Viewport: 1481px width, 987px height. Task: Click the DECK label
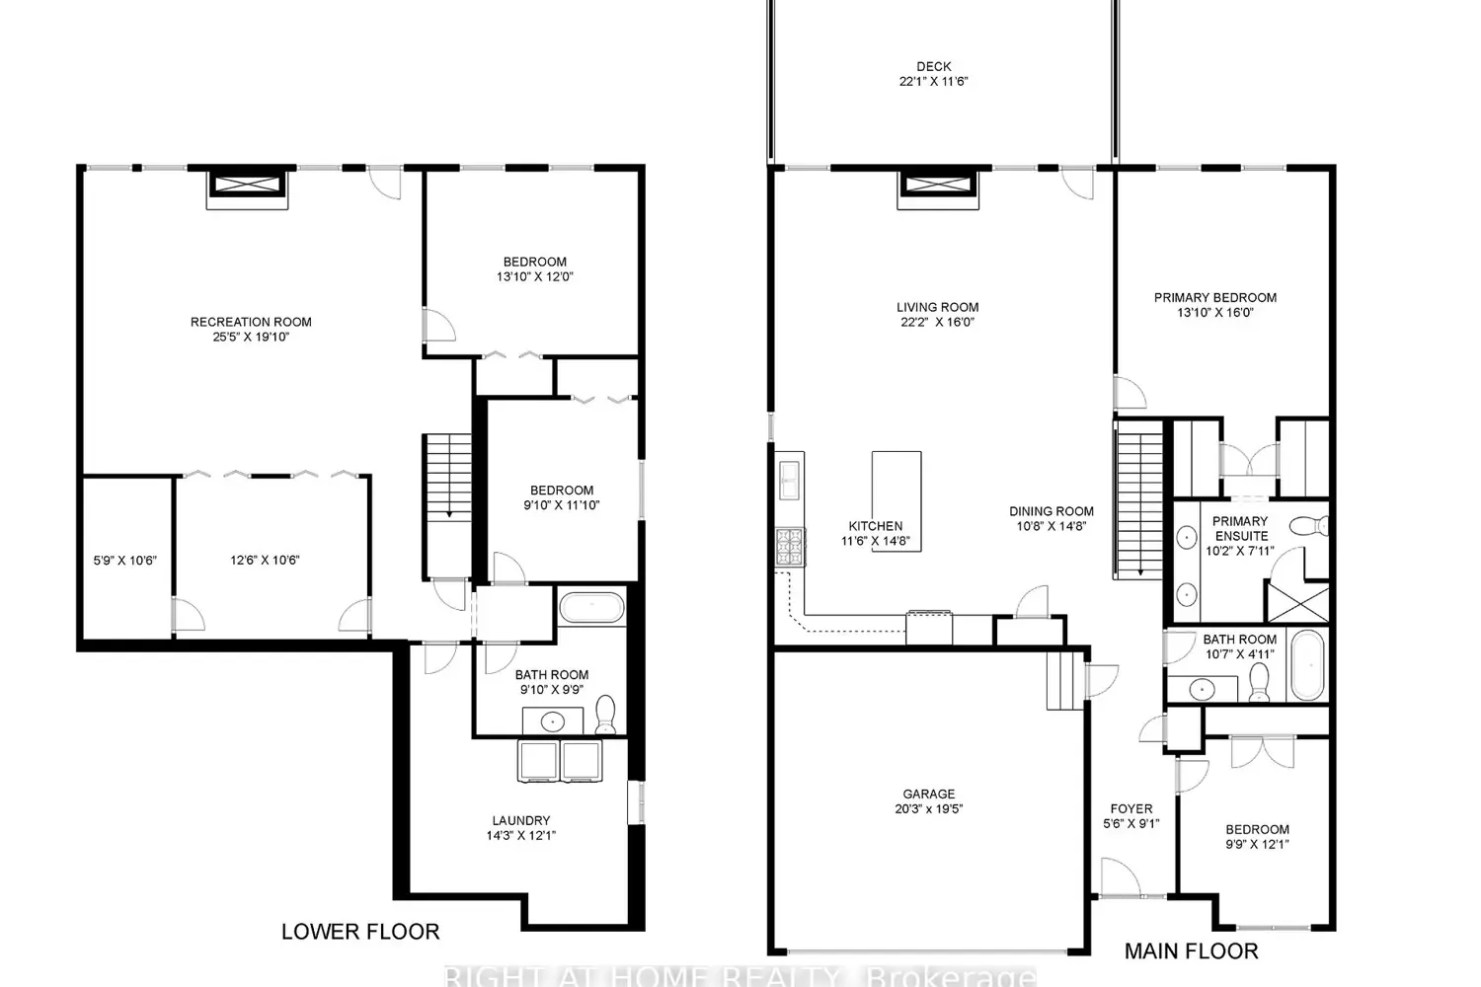point(934,67)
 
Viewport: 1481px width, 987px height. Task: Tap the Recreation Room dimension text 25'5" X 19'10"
point(251,338)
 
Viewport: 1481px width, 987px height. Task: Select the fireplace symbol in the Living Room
point(938,190)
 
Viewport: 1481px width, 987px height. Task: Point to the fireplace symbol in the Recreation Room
point(247,190)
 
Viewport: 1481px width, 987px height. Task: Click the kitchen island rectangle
point(896,501)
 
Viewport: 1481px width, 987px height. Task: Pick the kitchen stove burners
point(790,547)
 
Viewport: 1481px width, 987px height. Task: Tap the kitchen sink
point(790,481)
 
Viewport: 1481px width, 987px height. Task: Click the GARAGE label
point(929,794)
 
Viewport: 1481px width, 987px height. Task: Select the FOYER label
point(1131,809)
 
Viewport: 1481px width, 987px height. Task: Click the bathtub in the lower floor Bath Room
point(591,608)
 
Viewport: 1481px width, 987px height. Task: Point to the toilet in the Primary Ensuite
point(1309,526)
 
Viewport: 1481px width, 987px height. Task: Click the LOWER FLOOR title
point(360,932)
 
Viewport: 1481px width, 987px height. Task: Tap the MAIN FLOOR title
point(1192,951)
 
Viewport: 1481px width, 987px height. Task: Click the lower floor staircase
point(448,506)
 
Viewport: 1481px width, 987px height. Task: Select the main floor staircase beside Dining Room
point(1139,500)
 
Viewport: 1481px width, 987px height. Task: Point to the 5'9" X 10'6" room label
point(125,561)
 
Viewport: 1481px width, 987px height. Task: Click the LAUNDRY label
point(521,820)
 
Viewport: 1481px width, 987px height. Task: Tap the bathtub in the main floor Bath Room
point(1308,665)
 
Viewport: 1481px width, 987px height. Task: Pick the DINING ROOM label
point(1052,511)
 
